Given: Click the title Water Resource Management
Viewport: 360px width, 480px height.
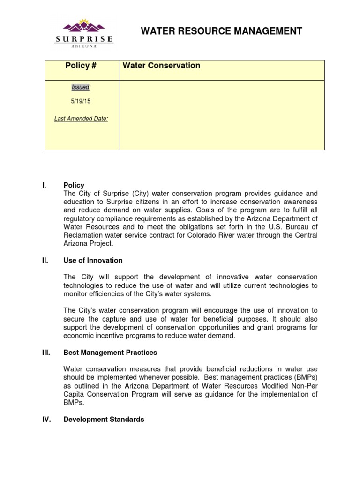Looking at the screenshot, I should click(x=222, y=31).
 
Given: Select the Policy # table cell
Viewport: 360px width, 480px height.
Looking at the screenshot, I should click(x=81, y=66).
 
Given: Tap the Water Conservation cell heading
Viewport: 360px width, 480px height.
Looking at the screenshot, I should click(x=161, y=66).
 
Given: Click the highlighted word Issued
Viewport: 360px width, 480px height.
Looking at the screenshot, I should click(x=81, y=87).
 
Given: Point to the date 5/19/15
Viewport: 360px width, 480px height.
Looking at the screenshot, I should click(x=81, y=101).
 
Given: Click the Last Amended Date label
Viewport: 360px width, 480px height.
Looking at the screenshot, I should click(x=81, y=119).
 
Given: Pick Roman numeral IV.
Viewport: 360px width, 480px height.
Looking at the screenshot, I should click(x=45, y=420).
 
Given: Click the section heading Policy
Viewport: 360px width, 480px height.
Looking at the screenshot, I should click(x=74, y=185).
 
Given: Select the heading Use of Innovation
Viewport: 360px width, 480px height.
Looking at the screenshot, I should click(x=93, y=260).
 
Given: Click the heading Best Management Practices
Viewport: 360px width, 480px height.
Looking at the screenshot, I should click(x=110, y=352).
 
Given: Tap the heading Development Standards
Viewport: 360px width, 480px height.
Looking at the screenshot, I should click(x=104, y=420).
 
